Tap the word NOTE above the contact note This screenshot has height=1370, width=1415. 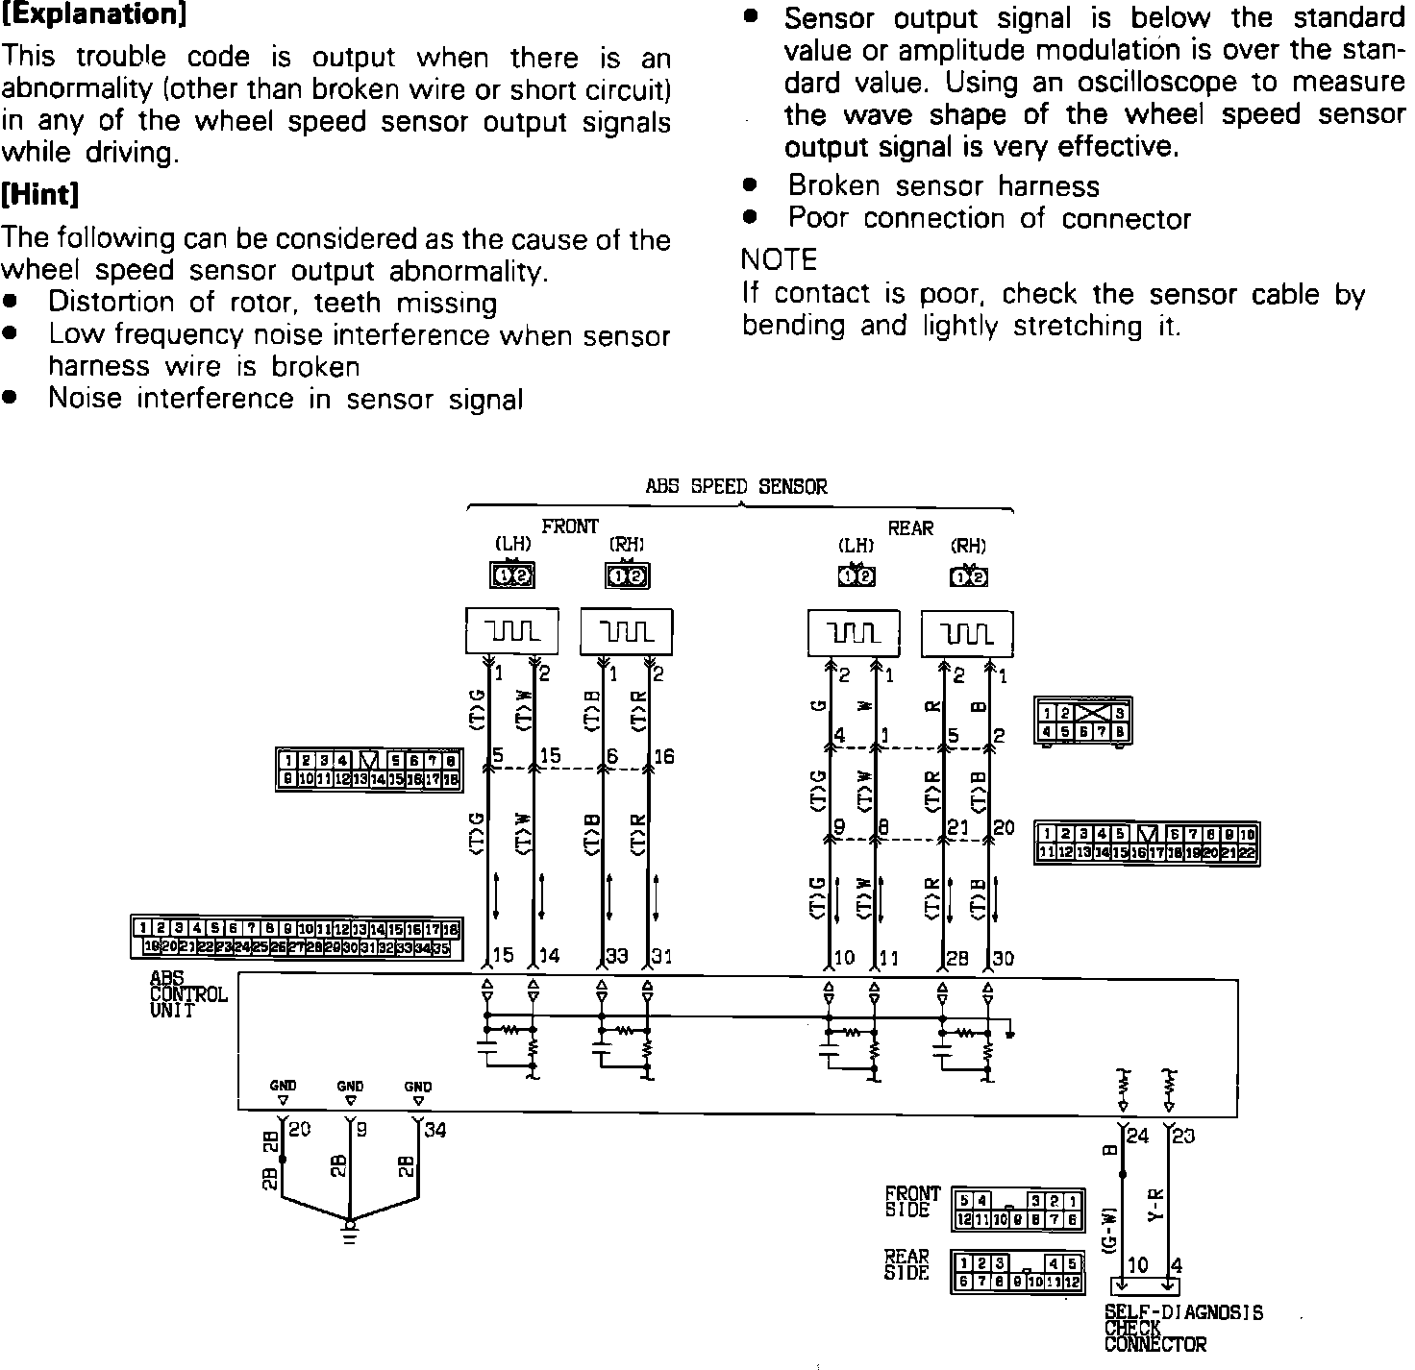click(x=779, y=259)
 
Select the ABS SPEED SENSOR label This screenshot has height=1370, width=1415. click(x=735, y=486)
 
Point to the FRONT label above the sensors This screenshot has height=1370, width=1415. click(x=570, y=526)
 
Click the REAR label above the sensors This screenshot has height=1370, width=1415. click(x=910, y=527)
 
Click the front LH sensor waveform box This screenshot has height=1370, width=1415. click(x=512, y=631)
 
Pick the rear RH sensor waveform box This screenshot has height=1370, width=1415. click(x=967, y=633)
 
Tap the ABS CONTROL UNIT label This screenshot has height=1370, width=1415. click(x=187, y=994)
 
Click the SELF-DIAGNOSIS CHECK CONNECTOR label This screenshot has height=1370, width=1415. click(x=1183, y=1328)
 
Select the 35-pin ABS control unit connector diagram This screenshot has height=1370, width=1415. click(x=295, y=938)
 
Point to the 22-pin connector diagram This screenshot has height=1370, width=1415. click(x=1147, y=843)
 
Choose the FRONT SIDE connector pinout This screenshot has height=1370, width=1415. click(x=1018, y=1211)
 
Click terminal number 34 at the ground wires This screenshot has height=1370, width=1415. click(x=435, y=1131)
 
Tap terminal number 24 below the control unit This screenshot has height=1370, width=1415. click(x=1137, y=1136)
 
